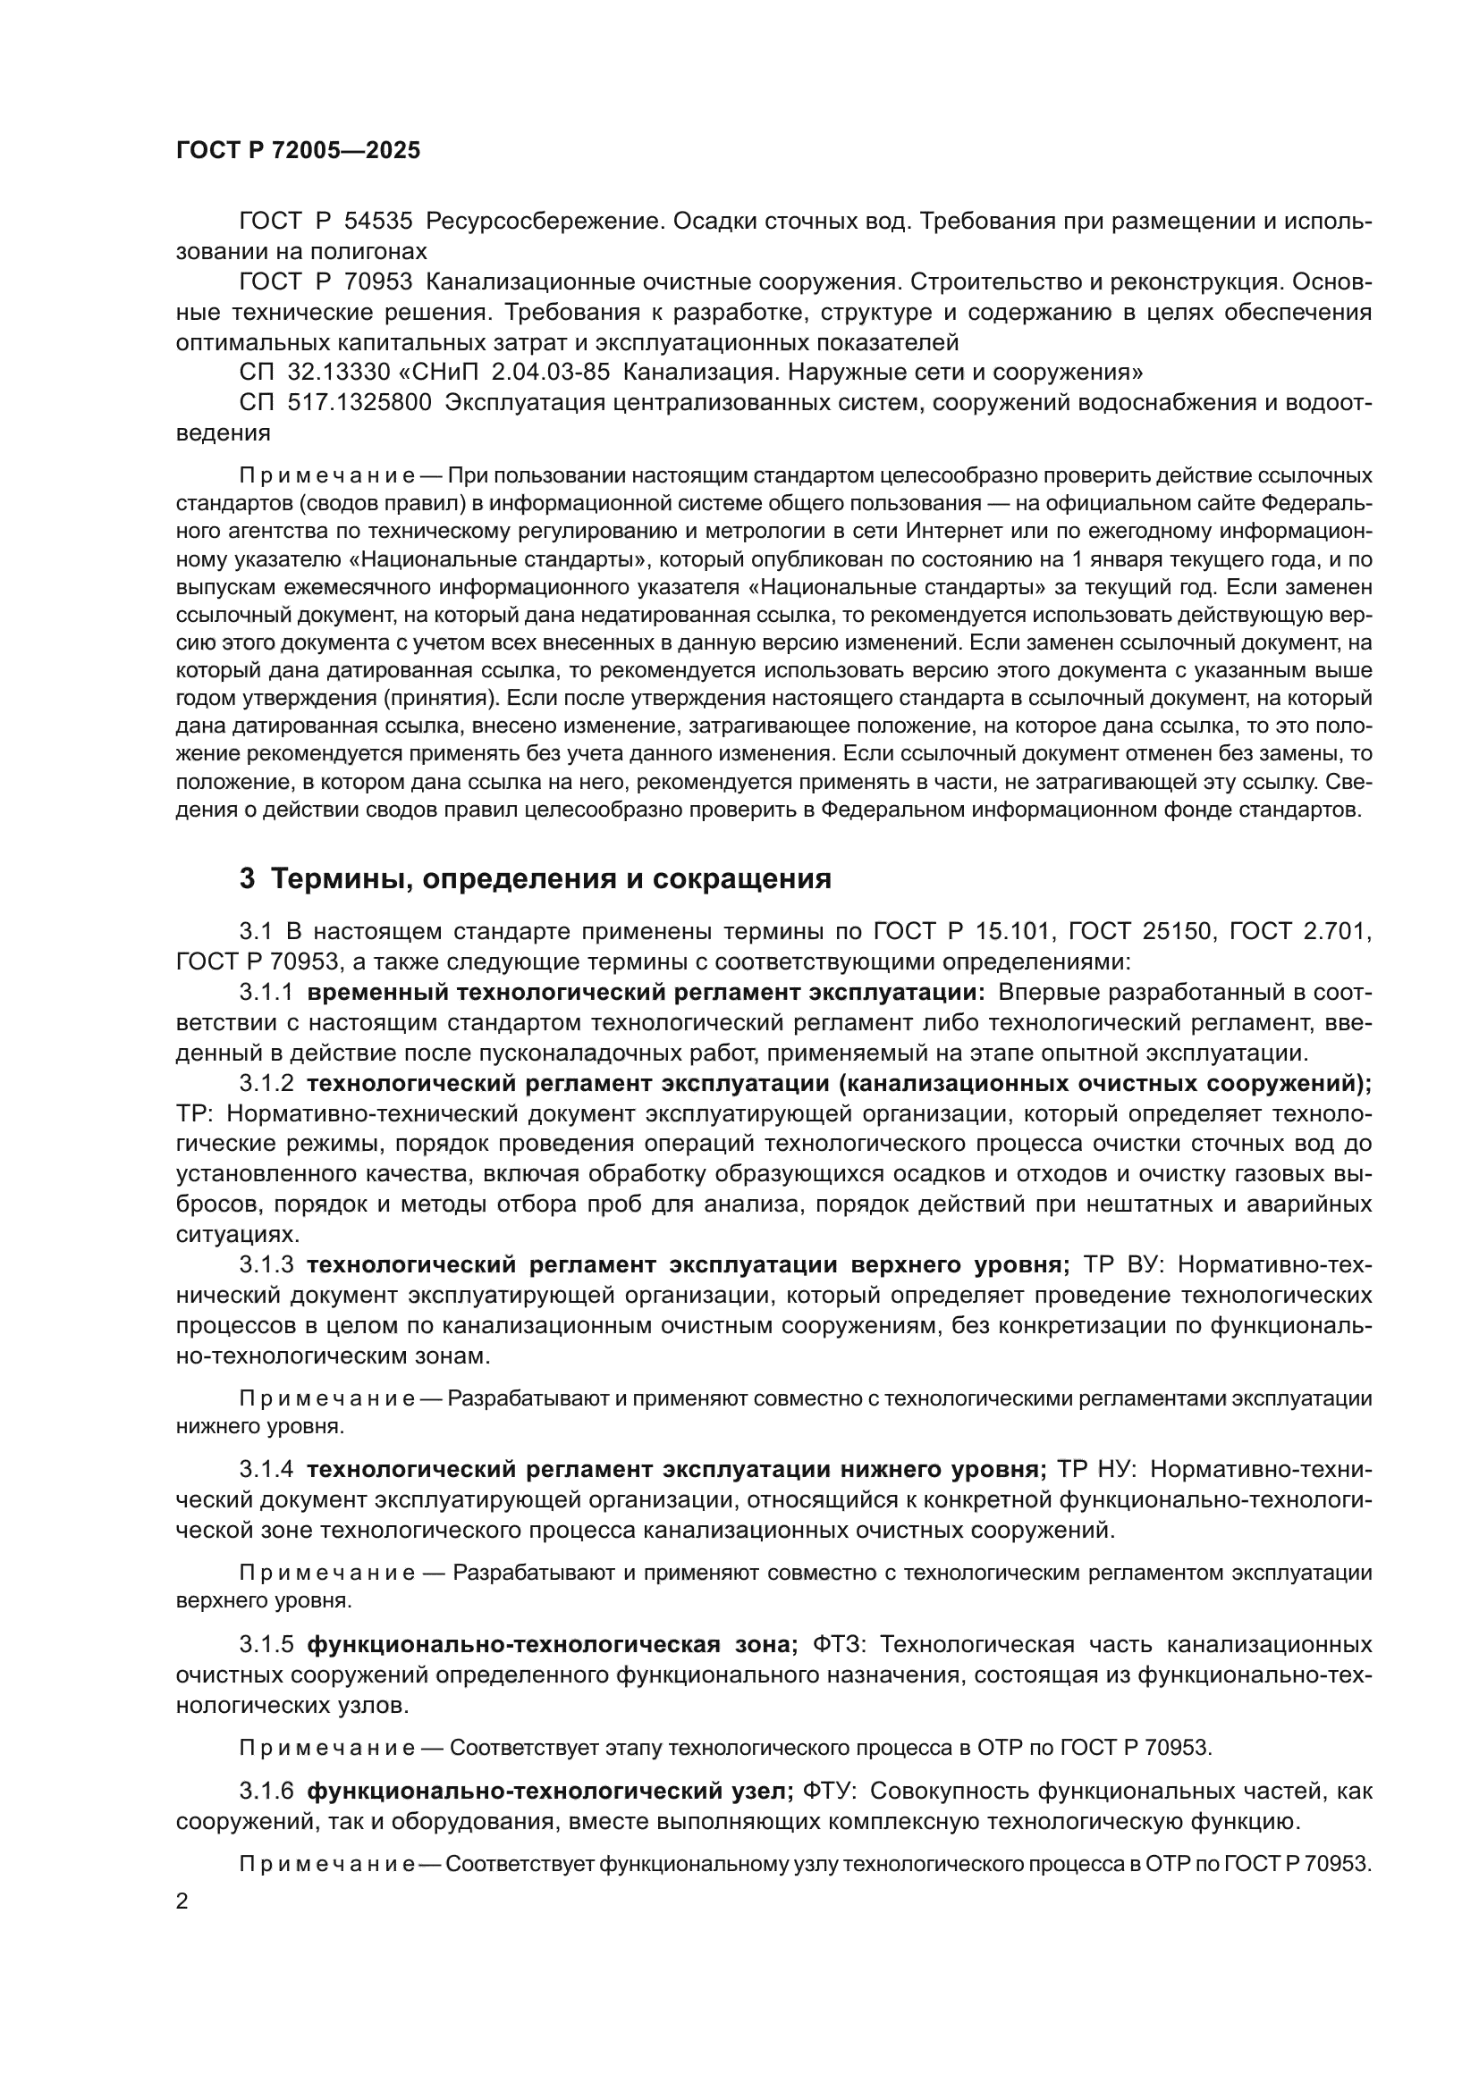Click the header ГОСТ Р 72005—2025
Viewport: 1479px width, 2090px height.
pos(298,150)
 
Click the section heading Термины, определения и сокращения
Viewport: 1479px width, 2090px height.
pos(551,878)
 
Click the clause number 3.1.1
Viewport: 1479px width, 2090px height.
pos(266,992)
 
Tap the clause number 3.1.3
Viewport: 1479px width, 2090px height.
pos(266,1264)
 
